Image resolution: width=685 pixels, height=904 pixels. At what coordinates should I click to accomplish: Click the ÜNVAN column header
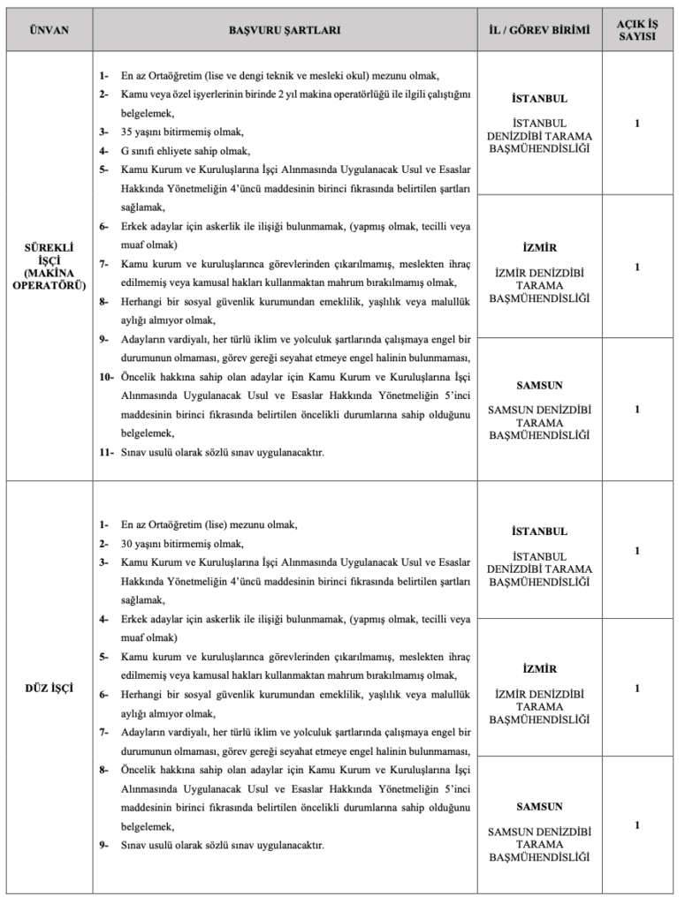(49, 30)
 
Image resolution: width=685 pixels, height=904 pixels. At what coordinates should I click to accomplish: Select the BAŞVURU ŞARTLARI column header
(285, 30)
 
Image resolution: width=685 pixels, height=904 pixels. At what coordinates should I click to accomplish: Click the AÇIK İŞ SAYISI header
(636, 30)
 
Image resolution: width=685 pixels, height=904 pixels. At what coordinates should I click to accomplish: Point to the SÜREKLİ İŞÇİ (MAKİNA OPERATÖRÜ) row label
(49, 267)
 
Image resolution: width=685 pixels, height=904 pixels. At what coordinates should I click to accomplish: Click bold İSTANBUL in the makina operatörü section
(539, 98)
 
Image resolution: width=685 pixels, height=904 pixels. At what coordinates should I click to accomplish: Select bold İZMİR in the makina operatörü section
(539, 248)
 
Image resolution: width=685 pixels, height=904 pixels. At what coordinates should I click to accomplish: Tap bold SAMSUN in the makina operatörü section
(539, 386)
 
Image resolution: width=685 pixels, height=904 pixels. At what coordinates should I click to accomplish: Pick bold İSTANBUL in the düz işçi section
(539, 532)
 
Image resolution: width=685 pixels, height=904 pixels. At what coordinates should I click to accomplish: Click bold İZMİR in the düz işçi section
(539, 669)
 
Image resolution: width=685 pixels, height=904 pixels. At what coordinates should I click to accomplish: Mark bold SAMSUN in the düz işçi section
(539, 807)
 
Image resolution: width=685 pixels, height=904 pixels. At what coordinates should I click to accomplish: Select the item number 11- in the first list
(106, 453)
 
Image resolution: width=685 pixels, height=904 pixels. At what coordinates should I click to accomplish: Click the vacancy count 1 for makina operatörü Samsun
(636, 410)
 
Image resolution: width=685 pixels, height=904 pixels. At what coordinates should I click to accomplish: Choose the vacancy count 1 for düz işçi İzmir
(636, 689)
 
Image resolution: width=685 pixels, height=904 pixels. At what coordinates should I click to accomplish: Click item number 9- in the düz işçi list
(103, 845)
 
